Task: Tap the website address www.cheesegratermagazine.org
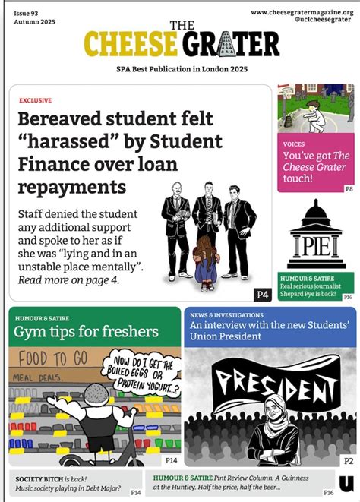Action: tap(302, 12)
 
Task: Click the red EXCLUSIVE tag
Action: tap(35, 99)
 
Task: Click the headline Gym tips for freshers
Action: tap(86, 331)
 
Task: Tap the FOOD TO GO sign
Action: tap(46, 358)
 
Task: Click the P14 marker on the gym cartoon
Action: tap(171, 461)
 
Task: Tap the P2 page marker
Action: tap(348, 461)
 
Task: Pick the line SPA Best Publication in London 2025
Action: tap(180, 68)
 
